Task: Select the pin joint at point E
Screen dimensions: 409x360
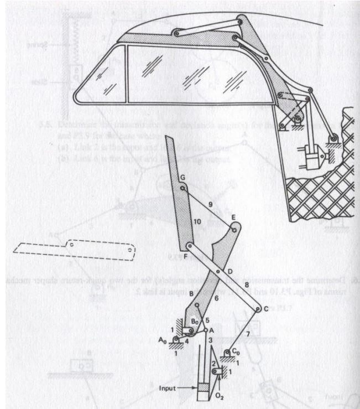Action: [x=234, y=228]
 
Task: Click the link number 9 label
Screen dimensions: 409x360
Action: [x=210, y=204]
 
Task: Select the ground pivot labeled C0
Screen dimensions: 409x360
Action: [x=227, y=353]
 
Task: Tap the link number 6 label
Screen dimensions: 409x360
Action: [x=216, y=298]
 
